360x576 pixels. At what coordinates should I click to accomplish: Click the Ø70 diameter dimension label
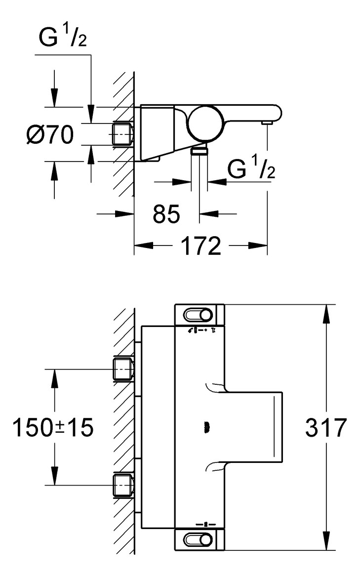pos(50,134)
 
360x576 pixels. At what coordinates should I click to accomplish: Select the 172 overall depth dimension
pos(200,246)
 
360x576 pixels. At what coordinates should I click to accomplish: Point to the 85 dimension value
pos(166,214)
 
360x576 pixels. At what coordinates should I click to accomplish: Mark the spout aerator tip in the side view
pos(267,122)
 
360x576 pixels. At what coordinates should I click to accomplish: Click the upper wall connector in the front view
pos(123,370)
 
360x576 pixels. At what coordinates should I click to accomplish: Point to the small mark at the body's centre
pos(206,426)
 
